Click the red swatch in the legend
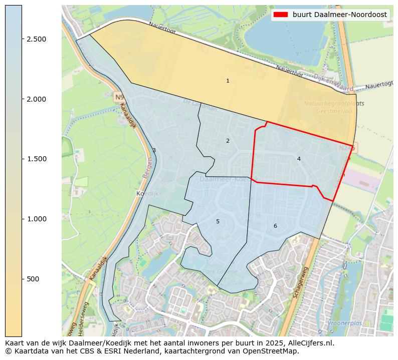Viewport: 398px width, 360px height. point(281,15)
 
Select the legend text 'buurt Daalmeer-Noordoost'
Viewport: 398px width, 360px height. point(340,15)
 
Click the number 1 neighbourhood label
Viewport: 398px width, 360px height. point(228,81)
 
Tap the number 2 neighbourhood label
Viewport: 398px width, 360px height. point(228,141)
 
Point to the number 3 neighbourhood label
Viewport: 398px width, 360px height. point(154,150)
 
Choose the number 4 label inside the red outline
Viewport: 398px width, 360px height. point(299,159)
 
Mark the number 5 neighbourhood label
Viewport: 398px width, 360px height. point(218,221)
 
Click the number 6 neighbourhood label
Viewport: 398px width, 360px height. point(275,226)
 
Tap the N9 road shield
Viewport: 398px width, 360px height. point(119,97)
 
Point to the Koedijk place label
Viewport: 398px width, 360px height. point(147,193)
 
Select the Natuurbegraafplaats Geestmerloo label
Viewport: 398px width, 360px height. point(334,107)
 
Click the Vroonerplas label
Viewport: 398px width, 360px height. point(344,323)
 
